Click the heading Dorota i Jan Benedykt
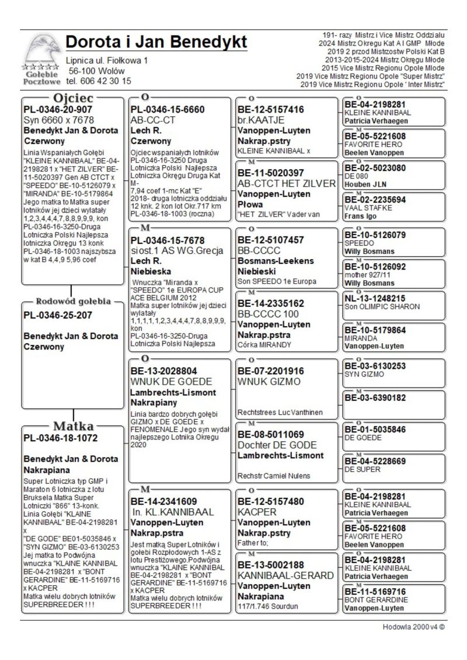point(156,43)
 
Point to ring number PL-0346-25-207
point(58,315)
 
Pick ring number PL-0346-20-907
point(58,109)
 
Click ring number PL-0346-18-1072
point(60,438)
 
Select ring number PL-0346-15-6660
point(168,109)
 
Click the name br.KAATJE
point(260,120)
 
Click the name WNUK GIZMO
point(269,382)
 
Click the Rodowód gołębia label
point(74,302)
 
